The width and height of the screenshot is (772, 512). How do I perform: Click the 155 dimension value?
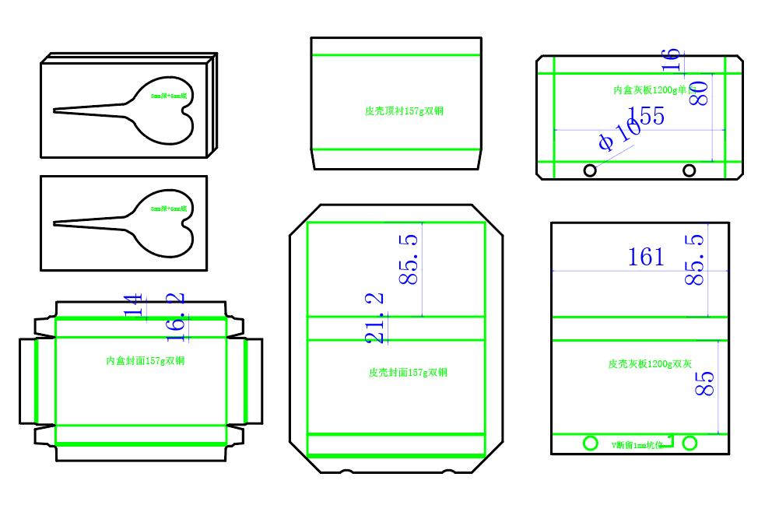pyautogui.click(x=646, y=116)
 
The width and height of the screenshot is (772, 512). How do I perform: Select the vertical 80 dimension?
pyautogui.click(x=698, y=93)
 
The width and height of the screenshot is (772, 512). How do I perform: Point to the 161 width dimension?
pyautogui.click(x=646, y=257)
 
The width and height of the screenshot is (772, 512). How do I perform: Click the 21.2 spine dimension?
pyautogui.click(x=374, y=318)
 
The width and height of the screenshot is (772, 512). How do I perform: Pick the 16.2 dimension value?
pyautogui.click(x=176, y=317)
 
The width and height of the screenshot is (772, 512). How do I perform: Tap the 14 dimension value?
pyautogui.click(x=135, y=305)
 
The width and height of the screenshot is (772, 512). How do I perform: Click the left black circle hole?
pyautogui.click(x=590, y=170)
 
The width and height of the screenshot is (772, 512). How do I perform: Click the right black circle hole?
pyautogui.click(x=689, y=170)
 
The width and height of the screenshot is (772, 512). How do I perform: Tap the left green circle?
pyautogui.click(x=591, y=443)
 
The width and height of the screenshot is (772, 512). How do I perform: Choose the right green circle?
pyautogui.click(x=690, y=443)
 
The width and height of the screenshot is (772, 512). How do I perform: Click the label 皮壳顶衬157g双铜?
pyautogui.click(x=404, y=111)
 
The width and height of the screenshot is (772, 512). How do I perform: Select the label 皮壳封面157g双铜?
pyautogui.click(x=408, y=373)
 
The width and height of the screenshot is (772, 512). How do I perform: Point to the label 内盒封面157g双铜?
pyautogui.click(x=145, y=361)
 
